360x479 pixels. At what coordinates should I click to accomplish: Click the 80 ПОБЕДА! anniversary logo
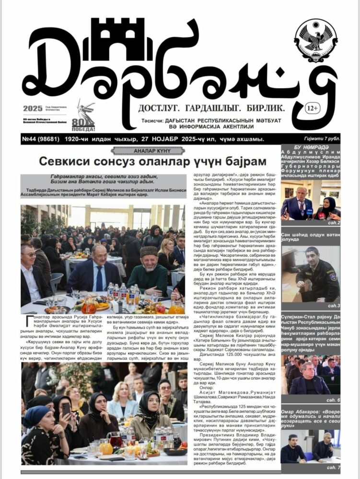point(83,117)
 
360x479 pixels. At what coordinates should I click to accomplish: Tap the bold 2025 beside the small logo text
point(32,108)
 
